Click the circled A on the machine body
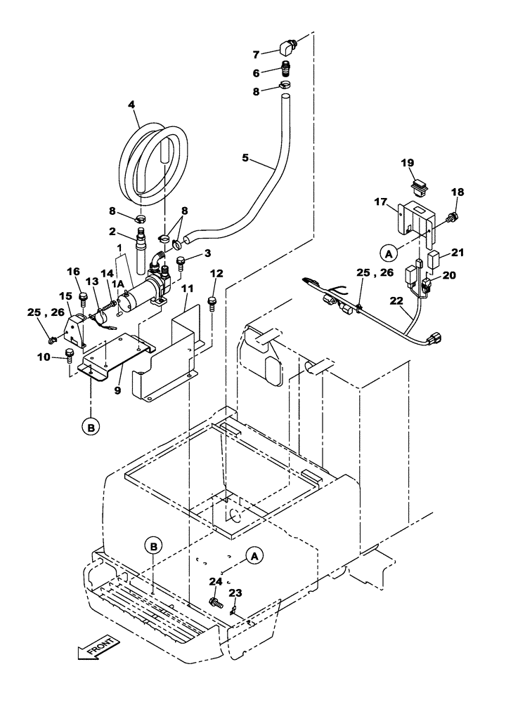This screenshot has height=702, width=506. coord(254,555)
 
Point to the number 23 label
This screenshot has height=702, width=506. coord(235,592)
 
